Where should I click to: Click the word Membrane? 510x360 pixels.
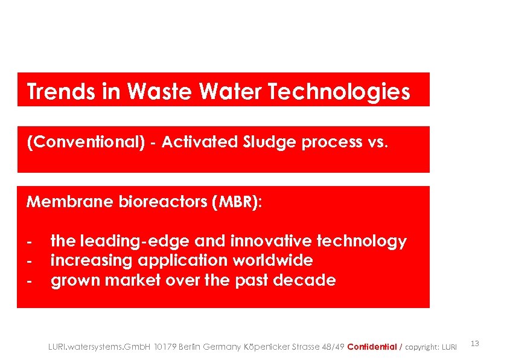(x=69, y=202)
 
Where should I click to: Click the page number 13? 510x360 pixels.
(x=474, y=344)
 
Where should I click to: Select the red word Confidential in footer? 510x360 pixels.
(x=372, y=347)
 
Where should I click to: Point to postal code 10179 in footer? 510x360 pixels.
(x=165, y=347)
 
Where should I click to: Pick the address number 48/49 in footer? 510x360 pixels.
(x=333, y=347)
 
